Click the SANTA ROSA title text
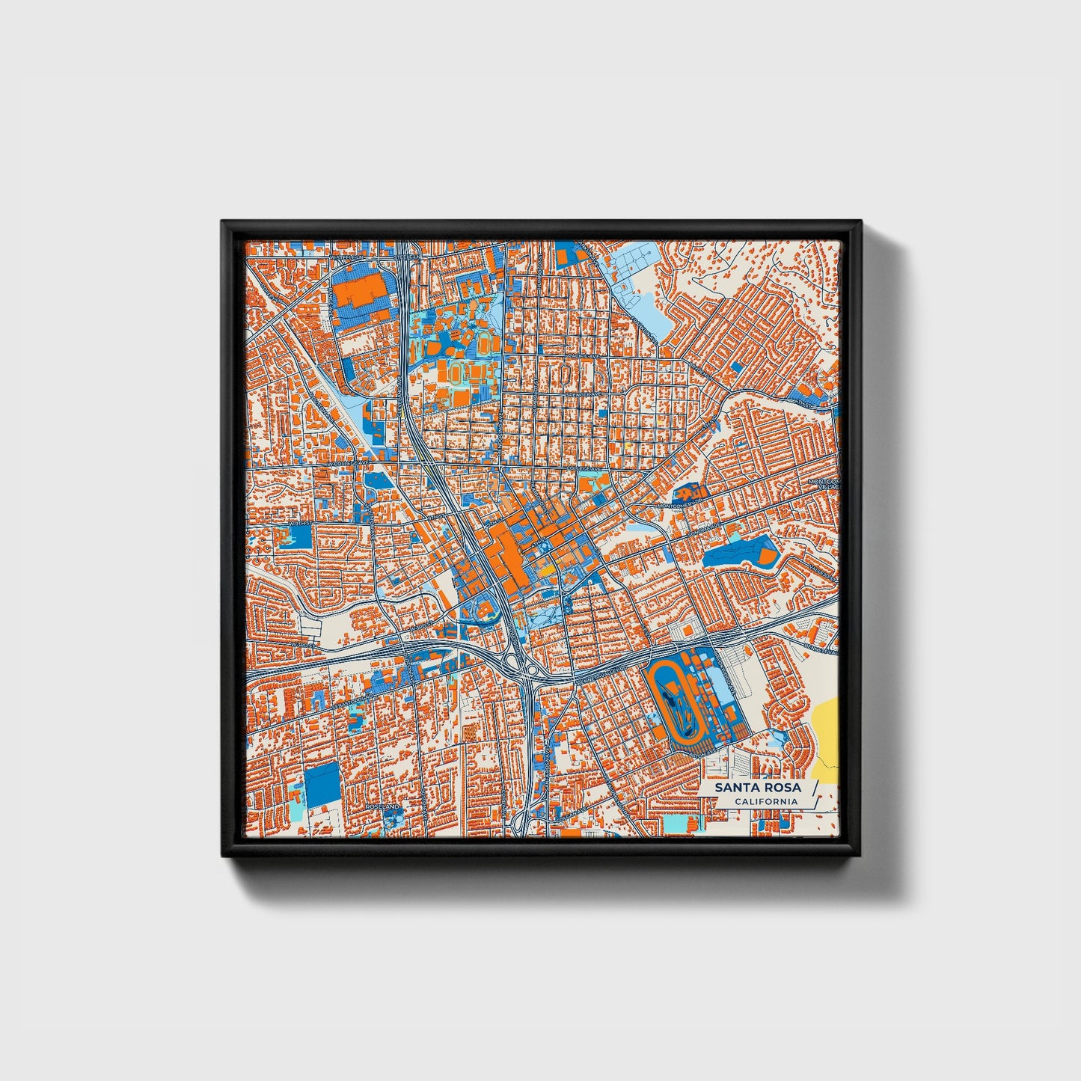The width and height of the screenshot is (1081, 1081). coord(757,787)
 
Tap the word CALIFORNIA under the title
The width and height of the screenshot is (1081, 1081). coord(765,801)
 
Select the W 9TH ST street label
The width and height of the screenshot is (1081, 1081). coord(299,524)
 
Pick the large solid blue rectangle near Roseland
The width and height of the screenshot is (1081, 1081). coord(322,786)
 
